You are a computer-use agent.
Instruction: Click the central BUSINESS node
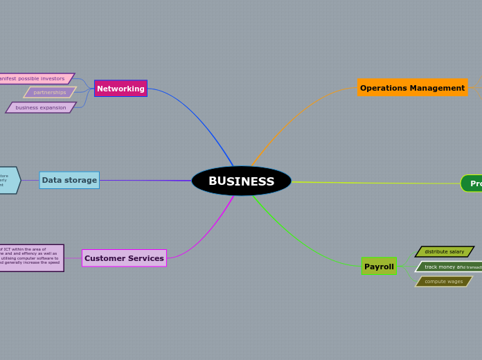pyautogui.click(x=241, y=181)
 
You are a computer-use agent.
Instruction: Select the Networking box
pyautogui.click(x=120, y=89)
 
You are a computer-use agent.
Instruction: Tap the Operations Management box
pyautogui.click(x=412, y=88)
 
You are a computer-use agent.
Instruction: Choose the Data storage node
pyautogui.click(x=69, y=180)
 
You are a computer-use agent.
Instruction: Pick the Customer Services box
pyautogui.click(x=124, y=258)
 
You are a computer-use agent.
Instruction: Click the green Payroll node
pyautogui.click(x=379, y=267)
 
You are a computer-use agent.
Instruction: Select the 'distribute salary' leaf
pyautogui.click(x=445, y=251)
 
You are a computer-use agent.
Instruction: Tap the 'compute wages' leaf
pyautogui.click(x=444, y=281)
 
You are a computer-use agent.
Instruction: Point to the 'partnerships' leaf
pyautogui.click(x=50, y=92)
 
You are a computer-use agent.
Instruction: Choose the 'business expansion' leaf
pyautogui.click(x=41, y=107)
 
